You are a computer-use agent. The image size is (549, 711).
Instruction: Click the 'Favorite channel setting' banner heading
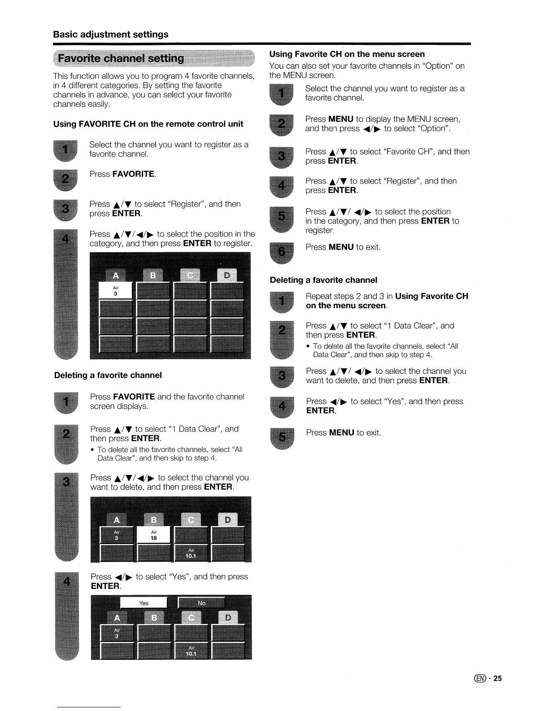[x=121, y=58]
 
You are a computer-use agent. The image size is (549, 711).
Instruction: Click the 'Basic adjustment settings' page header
[x=111, y=35]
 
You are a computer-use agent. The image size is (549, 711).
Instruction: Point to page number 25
[x=497, y=678]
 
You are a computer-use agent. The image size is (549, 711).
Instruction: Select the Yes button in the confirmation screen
[x=144, y=603]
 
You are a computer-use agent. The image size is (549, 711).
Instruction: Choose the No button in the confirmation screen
[x=201, y=603]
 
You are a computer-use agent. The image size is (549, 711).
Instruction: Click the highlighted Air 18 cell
[x=153, y=535]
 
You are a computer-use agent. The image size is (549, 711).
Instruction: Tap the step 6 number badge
[x=281, y=252]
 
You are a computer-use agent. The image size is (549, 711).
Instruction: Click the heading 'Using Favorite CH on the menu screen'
[x=347, y=54]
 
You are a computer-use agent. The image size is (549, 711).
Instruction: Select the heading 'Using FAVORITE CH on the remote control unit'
[x=148, y=124]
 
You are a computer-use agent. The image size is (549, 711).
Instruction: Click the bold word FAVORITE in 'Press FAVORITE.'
[x=133, y=174]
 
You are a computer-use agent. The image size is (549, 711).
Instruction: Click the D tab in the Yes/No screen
[x=228, y=618]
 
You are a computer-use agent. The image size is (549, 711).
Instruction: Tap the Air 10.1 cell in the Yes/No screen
[x=191, y=651]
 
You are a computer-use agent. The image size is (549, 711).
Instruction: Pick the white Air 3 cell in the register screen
[x=116, y=290]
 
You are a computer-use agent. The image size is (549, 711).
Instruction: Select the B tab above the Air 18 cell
[x=153, y=520]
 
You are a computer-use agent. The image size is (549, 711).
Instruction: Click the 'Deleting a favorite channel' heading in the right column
[x=323, y=280]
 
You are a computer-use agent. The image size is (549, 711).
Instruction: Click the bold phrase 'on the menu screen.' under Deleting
[x=346, y=306]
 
